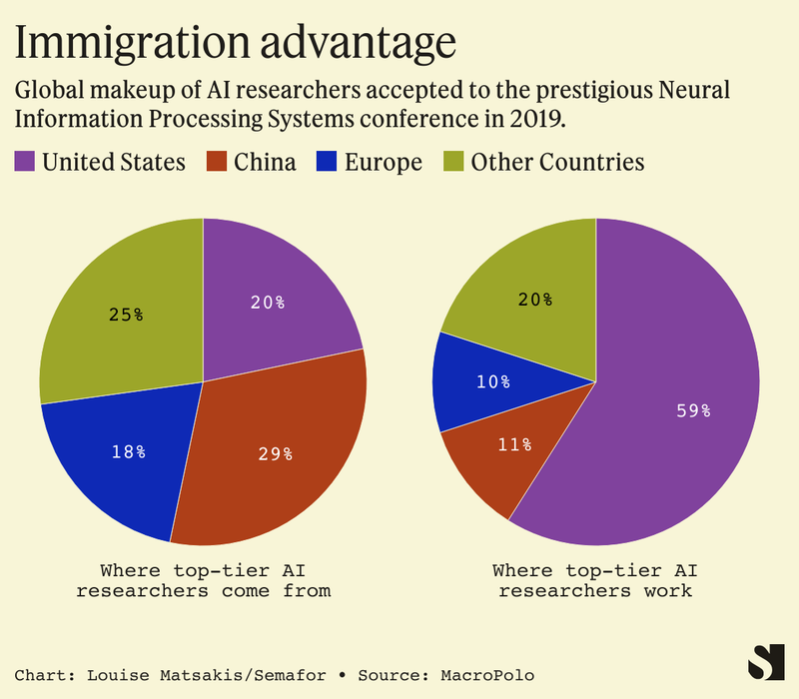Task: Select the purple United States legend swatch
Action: [x=25, y=162]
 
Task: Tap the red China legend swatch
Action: [x=218, y=162]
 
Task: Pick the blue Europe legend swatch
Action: [x=329, y=162]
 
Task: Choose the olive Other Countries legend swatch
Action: [x=454, y=162]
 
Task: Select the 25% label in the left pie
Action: [x=125, y=315]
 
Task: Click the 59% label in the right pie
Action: [x=691, y=409]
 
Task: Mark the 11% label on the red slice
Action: [x=513, y=444]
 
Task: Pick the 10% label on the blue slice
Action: [x=492, y=381]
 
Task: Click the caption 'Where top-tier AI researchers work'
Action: [x=596, y=580]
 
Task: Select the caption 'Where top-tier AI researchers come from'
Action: [x=203, y=580]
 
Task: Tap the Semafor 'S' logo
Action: [x=766, y=662]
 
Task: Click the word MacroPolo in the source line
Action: [x=488, y=676]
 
